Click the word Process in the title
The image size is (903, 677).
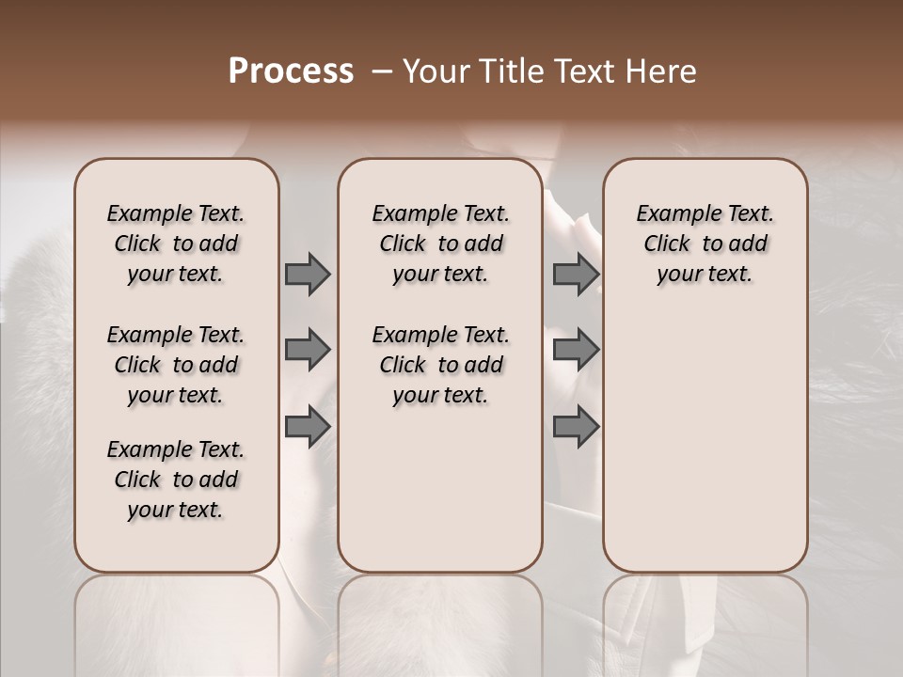[x=291, y=71]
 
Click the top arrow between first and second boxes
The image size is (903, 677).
[x=308, y=274]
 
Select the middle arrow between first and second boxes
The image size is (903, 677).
[x=308, y=350]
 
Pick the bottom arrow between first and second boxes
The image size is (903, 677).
[x=308, y=426]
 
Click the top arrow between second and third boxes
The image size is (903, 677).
[x=576, y=274]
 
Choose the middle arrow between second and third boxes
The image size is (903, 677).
[x=576, y=350]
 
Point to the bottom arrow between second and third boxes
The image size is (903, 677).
[x=576, y=426]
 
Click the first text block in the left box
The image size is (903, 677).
[x=176, y=244]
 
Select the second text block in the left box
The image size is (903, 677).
[x=176, y=365]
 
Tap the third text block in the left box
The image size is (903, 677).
[x=176, y=480]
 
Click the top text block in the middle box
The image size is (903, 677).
[x=440, y=244]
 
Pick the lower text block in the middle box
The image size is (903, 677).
[x=440, y=365]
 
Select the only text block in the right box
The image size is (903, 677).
[x=705, y=244]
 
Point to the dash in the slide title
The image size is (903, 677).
[x=382, y=71]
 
